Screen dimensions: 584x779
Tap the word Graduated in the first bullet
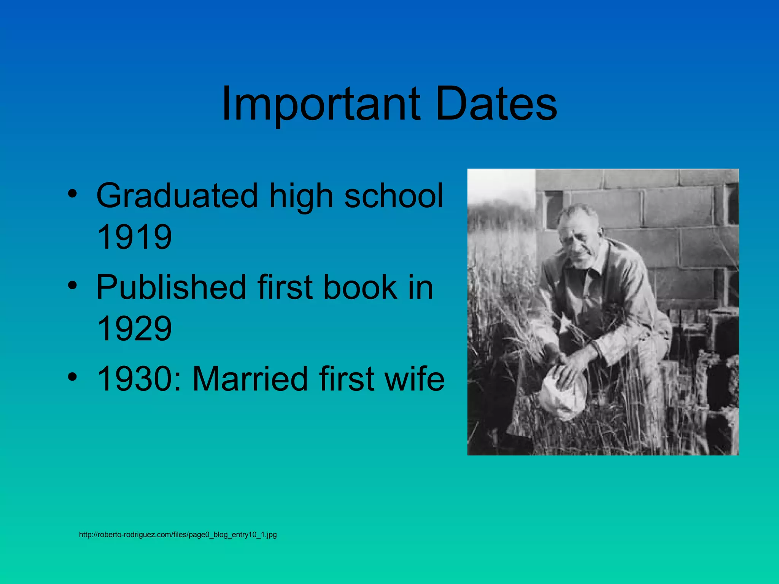coord(177,196)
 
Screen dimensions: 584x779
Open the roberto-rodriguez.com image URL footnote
coord(178,535)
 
